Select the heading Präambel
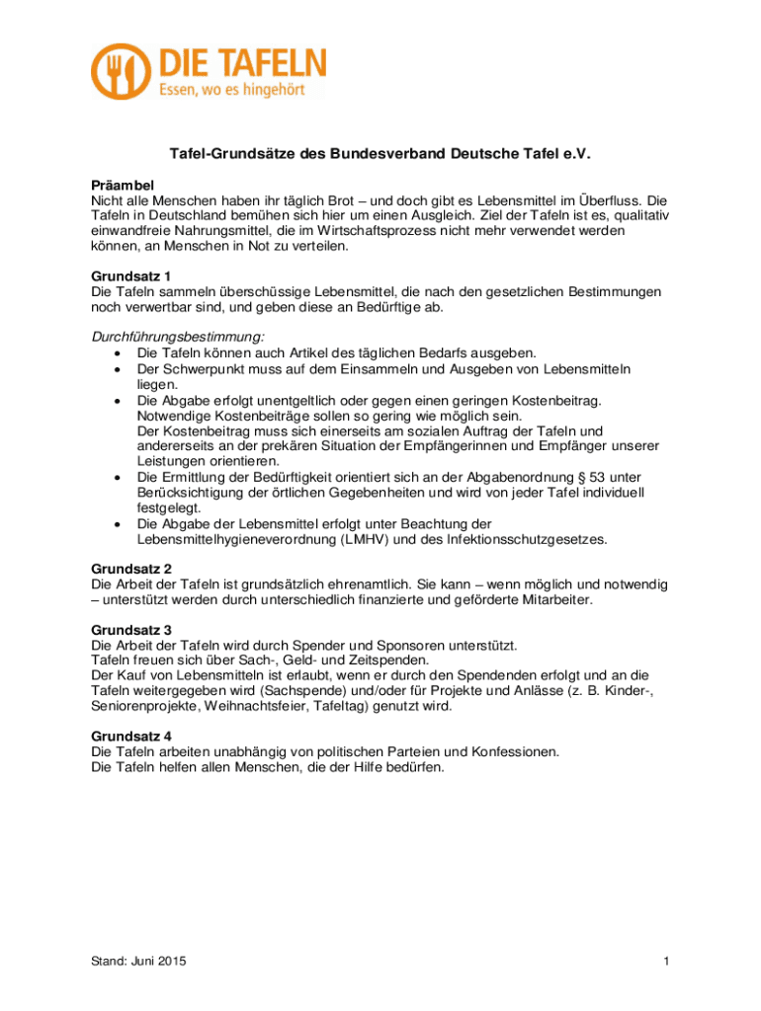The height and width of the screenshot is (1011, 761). (x=123, y=185)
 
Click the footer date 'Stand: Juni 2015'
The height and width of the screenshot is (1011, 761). (x=139, y=962)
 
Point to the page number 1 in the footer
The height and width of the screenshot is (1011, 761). (x=667, y=962)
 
